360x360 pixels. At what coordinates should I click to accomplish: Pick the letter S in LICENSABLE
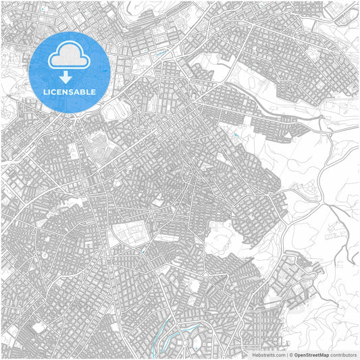coord(71,91)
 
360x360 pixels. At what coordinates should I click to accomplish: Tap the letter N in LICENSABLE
coord(66,91)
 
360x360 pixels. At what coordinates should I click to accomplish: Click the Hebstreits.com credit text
coord(269,355)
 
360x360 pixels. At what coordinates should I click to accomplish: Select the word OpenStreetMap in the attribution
coord(312,355)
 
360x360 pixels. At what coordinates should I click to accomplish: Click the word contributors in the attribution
coord(344,355)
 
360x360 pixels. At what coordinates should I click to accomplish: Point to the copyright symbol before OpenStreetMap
coord(291,355)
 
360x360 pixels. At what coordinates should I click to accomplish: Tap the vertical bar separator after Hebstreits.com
coord(286,355)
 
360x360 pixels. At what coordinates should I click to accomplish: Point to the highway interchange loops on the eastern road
coord(329,128)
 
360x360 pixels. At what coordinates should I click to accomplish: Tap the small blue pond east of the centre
coord(234,137)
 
